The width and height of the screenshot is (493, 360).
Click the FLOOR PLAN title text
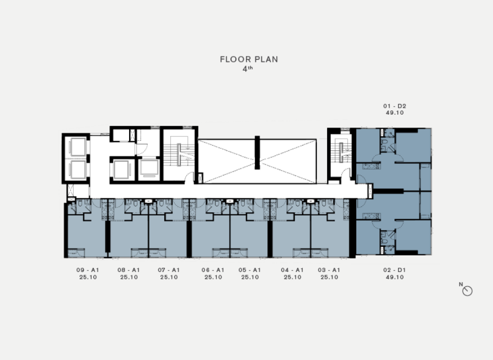click(x=249, y=59)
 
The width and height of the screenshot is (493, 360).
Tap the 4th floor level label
click(x=248, y=69)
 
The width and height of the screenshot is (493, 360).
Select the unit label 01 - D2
click(x=395, y=106)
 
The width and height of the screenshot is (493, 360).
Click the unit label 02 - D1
click(x=395, y=270)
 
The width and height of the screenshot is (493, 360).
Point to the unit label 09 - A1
click(x=88, y=270)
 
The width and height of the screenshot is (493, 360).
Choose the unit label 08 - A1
click(x=129, y=270)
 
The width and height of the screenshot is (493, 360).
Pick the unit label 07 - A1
click(x=169, y=270)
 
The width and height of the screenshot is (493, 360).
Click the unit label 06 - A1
click(x=213, y=270)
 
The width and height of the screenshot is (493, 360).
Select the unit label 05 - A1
click(x=250, y=270)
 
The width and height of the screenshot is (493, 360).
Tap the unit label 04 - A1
click(x=292, y=270)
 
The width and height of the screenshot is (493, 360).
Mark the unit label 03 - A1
click(x=329, y=270)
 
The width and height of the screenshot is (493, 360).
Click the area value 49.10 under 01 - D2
click(x=395, y=113)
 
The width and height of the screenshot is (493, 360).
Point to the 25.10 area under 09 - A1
click(x=88, y=277)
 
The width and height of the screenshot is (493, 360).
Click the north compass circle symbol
click(x=467, y=291)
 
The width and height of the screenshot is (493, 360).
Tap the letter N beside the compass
click(x=461, y=284)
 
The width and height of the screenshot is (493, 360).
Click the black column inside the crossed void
click(x=257, y=153)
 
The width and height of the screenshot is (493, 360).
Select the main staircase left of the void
click(x=179, y=155)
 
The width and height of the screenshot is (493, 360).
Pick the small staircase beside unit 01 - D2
click(x=340, y=153)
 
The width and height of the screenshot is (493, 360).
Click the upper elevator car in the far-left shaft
click(x=78, y=147)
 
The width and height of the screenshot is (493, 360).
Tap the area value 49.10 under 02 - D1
click(x=395, y=277)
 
